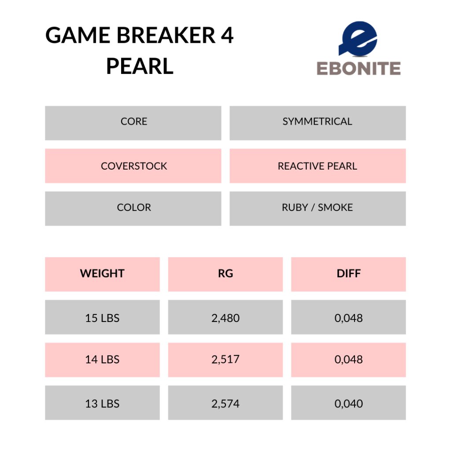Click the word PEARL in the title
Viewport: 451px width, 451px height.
point(140,66)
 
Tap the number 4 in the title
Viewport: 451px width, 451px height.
point(227,35)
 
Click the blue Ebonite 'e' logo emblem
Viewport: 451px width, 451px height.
point(358,39)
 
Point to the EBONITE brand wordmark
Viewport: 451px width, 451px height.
point(359,68)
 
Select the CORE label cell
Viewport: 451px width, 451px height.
point(133,123)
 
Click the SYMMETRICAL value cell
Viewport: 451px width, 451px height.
point(318,123)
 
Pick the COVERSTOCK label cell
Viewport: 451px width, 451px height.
point(133,166)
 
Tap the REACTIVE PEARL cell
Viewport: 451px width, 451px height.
point(318,166)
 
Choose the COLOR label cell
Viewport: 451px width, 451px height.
point(133,208)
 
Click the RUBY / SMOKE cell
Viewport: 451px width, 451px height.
point(318,208)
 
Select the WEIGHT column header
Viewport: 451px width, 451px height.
point(102,274)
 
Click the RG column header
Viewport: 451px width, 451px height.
point(225,274)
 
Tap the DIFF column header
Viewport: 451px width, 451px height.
point(349,274)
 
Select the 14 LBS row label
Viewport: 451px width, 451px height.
point(102,360)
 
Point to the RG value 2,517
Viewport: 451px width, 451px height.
point(225,360)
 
